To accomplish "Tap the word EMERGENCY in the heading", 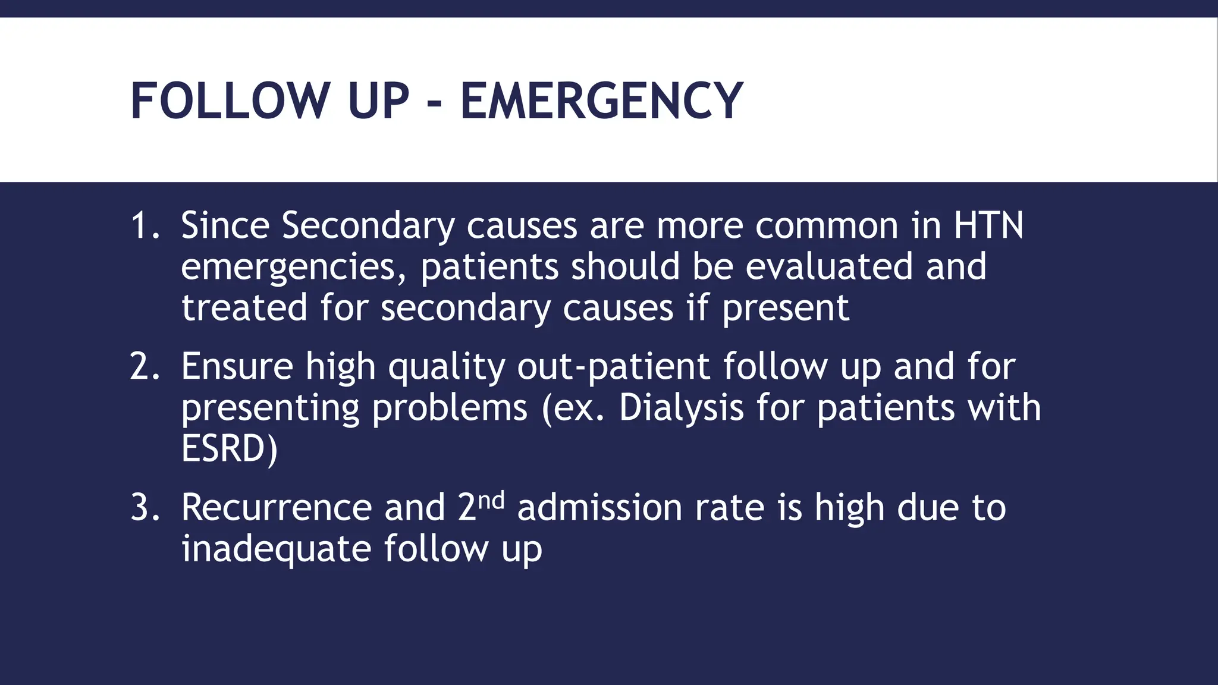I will tap(601, 101).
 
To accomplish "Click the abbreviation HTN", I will tap(988, 226).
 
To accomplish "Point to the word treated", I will tap(244, 308).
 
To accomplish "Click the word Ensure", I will tap(237, 367).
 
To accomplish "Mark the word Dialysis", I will tap(681, 409).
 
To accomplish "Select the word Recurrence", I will tap(276, 508).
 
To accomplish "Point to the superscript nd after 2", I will tap(491, 500).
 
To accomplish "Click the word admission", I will tap(599, 508).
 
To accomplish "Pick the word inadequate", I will tap(276, 549).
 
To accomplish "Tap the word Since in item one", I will tap(225, 227).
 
